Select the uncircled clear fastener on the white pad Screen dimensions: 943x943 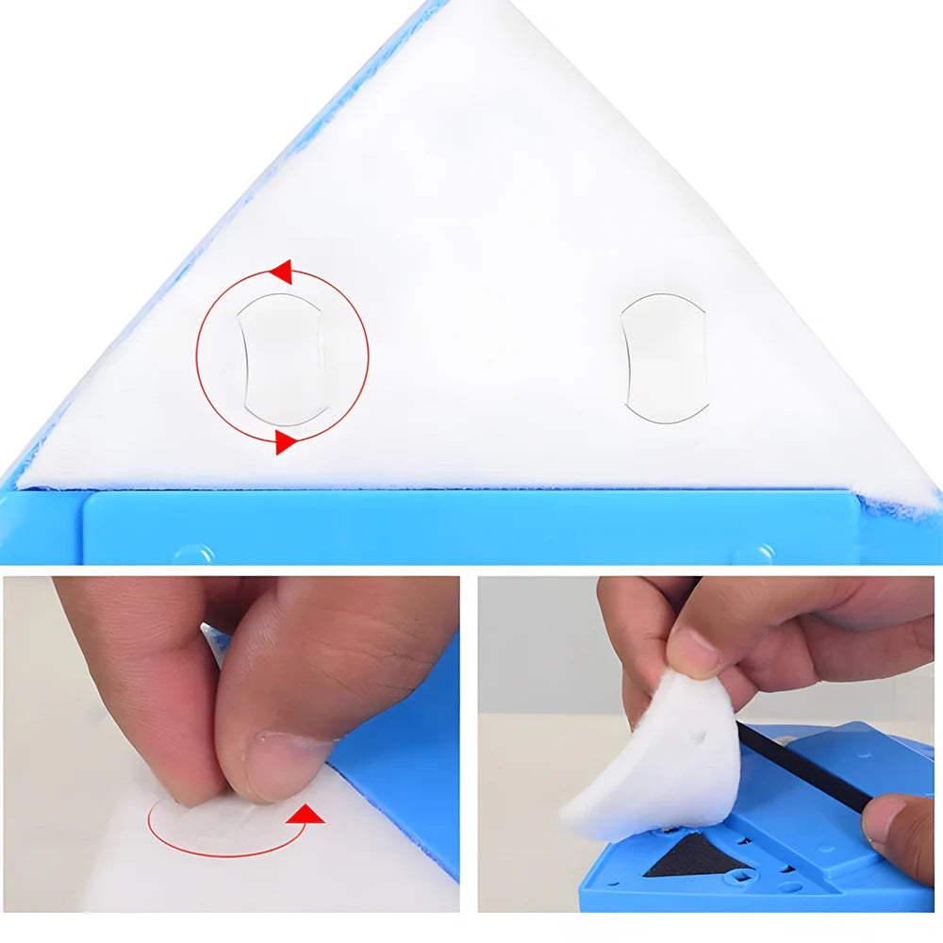click(x=665, y=357)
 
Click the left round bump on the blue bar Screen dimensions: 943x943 click(x=192, y=554)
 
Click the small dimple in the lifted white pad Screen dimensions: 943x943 click(x=697, y=730)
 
